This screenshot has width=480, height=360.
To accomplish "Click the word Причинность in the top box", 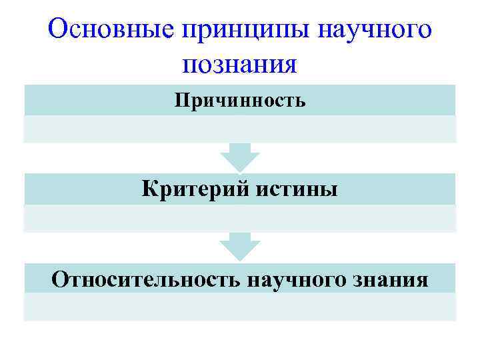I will pos(240,101).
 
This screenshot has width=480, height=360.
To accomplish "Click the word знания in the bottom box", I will pos(391,279).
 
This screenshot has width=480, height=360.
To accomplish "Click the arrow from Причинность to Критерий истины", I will pos(240,157).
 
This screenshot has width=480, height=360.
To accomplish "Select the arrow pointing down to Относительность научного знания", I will pos(240,247).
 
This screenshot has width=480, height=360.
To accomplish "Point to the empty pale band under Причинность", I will pos(240,129).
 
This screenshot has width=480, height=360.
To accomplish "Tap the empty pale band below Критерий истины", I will pos(240,218).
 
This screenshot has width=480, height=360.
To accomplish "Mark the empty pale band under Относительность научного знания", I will pos(240,307).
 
